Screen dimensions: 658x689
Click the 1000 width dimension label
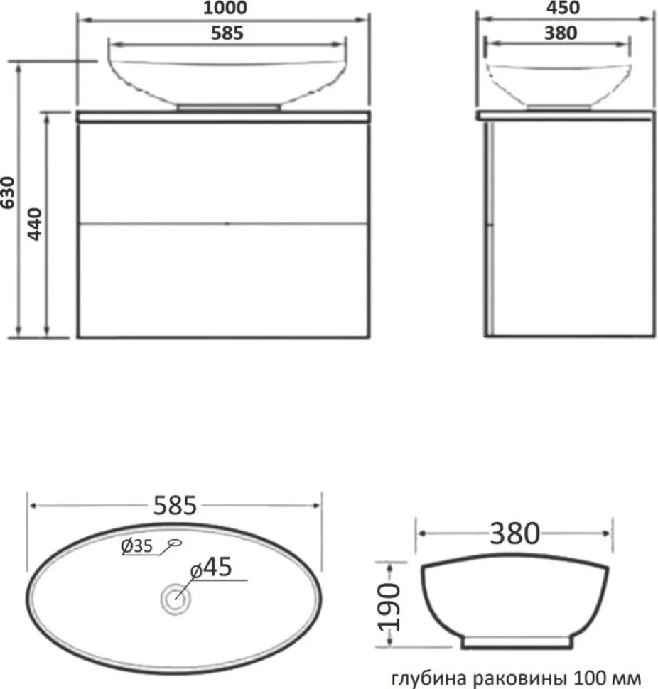225,8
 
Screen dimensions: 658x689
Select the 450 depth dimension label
563,8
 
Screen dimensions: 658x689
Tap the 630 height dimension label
8,192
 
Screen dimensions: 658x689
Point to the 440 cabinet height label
35,224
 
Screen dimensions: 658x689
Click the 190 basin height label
389,607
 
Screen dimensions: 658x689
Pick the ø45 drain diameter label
211,567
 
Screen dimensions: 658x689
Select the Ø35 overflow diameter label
136,546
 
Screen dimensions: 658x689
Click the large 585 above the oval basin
175,505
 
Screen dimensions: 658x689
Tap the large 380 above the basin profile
514,533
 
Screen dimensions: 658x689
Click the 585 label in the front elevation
227,33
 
